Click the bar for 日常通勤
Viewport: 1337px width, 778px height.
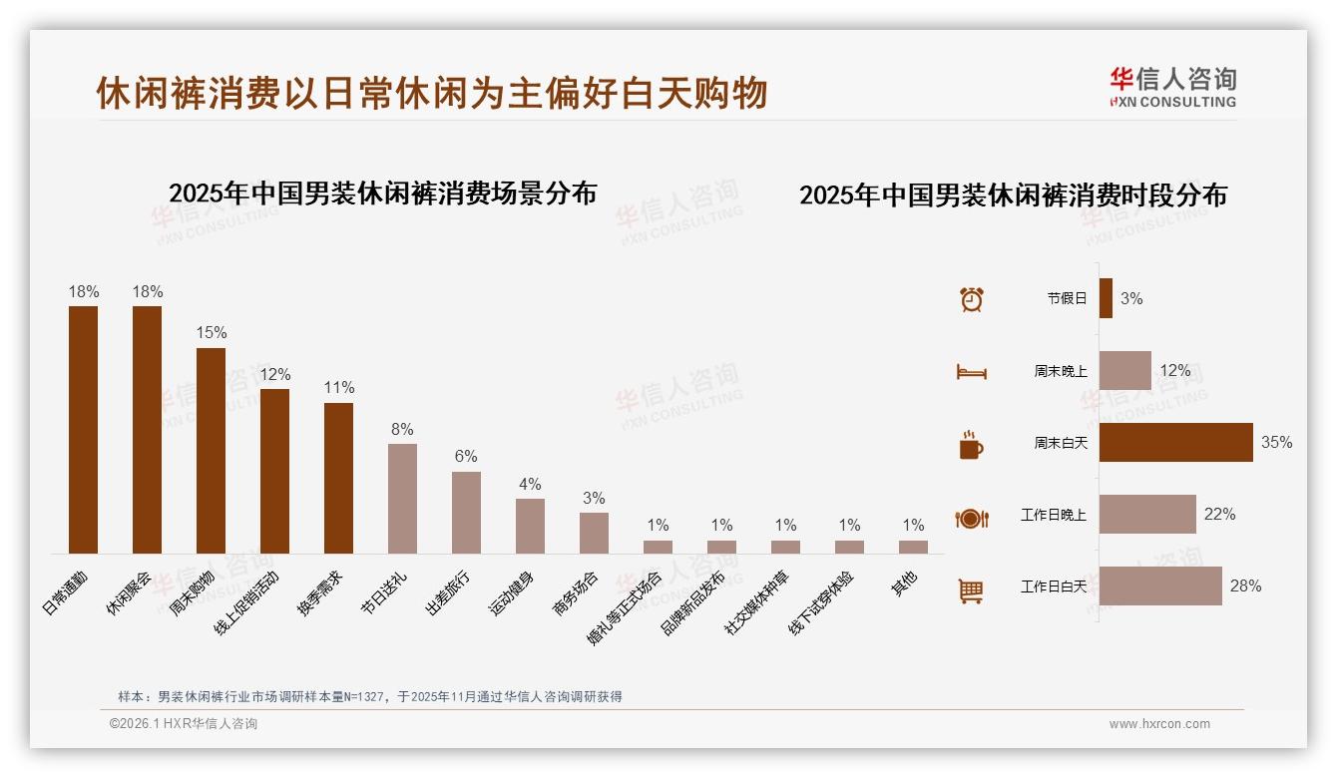(84, 429)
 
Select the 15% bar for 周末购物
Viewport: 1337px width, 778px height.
(211, 450)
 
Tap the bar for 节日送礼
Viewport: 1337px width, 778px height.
(402, 498)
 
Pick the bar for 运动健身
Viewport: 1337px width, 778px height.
(530, 526)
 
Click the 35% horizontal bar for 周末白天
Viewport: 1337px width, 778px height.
(1175, 442)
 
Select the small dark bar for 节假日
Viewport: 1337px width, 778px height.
(1106, 298)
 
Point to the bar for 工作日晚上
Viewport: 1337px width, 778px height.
(1147, 514)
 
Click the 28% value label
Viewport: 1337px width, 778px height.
(1245, 585)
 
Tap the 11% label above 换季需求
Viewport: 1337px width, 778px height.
(339, 387)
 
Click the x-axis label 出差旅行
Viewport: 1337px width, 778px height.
(448, 593)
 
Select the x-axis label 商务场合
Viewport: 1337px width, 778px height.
(576, 593)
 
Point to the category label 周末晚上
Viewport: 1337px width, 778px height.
(1061, 370)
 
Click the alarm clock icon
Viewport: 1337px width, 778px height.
(971, 298)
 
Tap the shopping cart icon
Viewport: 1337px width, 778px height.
(971, 590)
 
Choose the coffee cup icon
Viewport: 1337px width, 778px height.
(971, 444)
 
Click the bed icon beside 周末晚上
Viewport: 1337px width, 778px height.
(971, 372)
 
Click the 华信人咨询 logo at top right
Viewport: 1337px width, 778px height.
(1172, 88)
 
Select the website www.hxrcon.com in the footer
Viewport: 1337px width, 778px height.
(1159, 724)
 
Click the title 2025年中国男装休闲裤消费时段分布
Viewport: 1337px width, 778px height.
(1013, 195)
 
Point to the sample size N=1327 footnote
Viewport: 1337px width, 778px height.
(370, 696)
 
